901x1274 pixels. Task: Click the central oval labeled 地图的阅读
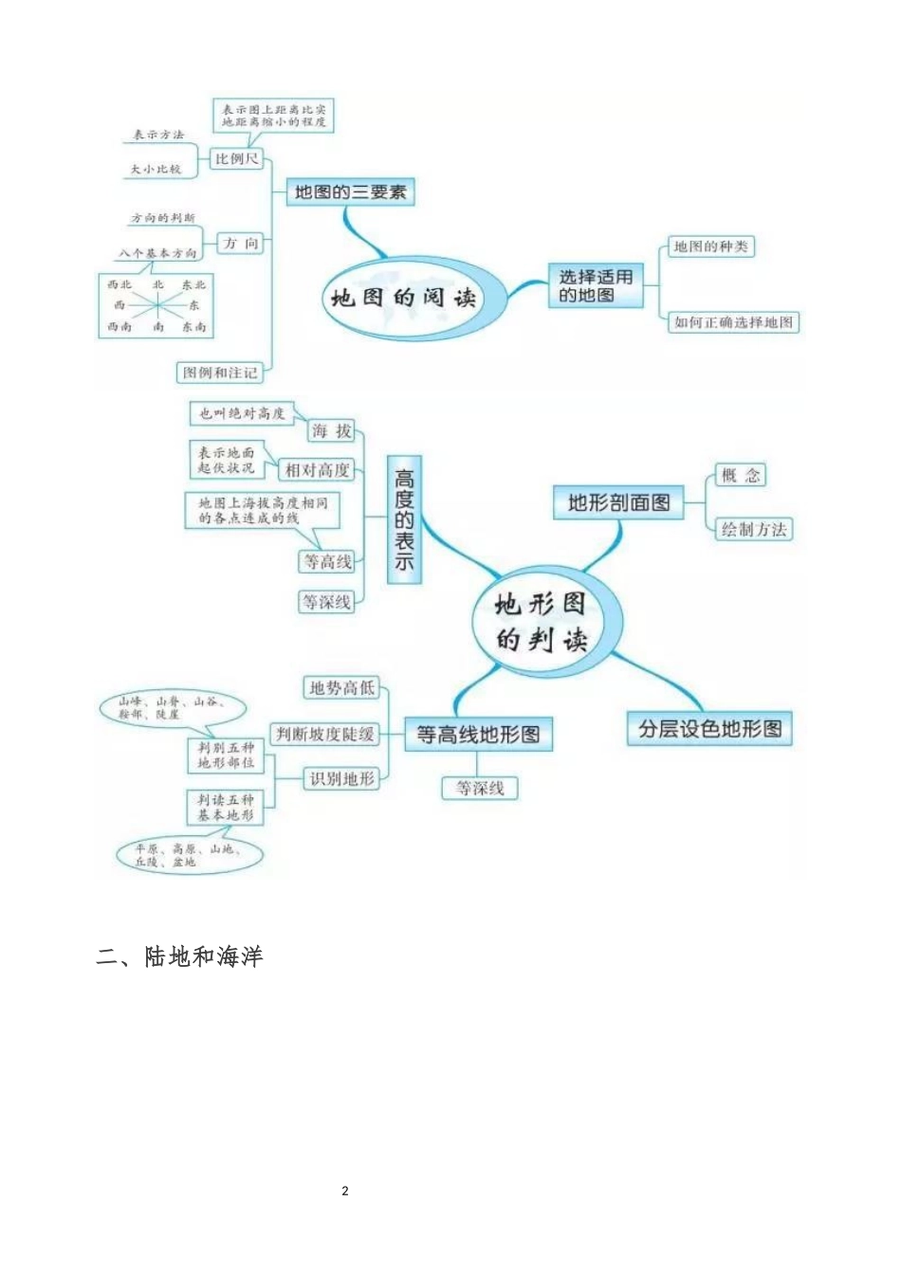(x=403, y=298)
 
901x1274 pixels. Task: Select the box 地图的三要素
(x=350, y=192)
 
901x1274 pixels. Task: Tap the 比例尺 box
(x=236, y=159)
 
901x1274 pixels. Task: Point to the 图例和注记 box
(x=220, y=373)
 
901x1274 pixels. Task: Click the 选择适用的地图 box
(x=595, y=286)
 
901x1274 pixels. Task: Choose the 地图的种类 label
(x=710, y=246)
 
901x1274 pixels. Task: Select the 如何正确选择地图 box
(x=733, y=322)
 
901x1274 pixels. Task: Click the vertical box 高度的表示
(x=404, y=519)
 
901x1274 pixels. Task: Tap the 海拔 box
(x=331, y=431)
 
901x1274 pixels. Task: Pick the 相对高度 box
(x=318, y=470)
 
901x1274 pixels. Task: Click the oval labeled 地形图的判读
(x=542, y=622)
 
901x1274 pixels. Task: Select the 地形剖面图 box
(x=618, y=503)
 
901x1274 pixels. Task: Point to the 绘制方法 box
(x=753, y=529)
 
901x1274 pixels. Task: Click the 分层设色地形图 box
(x=709, y=729)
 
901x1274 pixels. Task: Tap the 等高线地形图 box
(x=478, y=735)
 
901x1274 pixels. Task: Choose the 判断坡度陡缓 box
(x=324, y=734)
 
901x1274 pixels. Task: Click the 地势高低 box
(x=341, y=687)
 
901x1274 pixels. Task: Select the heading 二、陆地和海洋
(x=180, y=956)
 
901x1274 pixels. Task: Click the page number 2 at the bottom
(x=345, y=1191)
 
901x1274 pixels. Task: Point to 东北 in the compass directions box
(x=193, y=284)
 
